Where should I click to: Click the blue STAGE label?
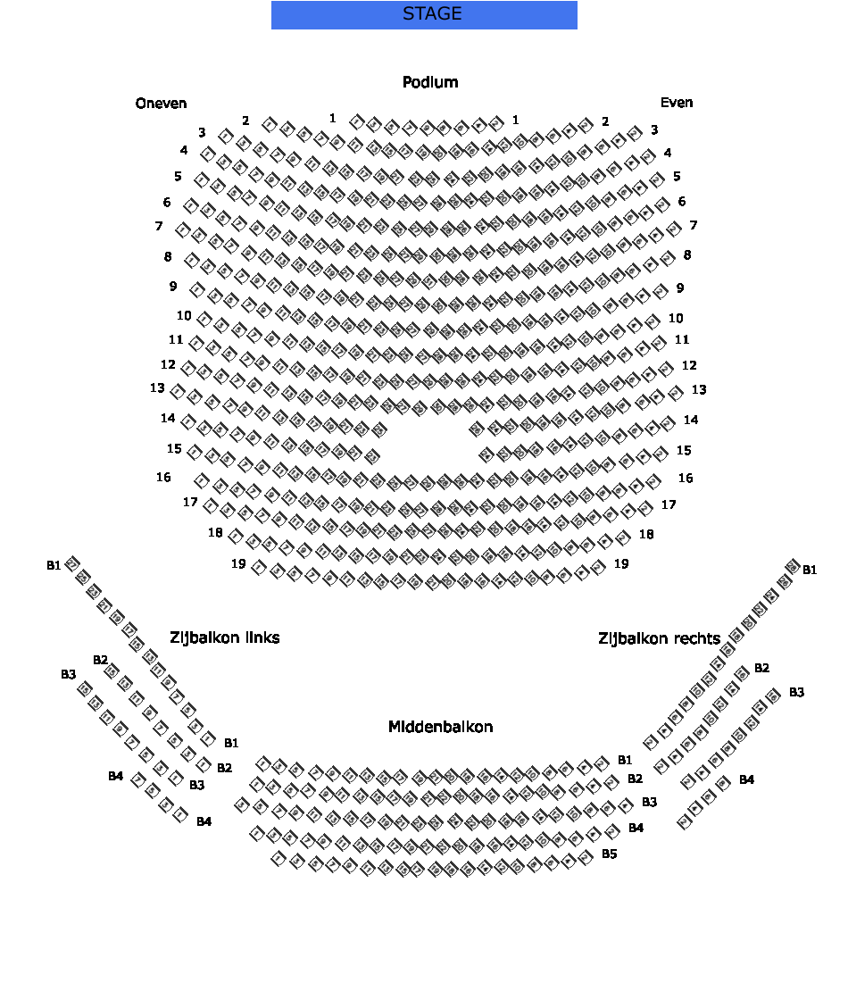[x=424, y=14]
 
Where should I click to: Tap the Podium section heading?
[x=430, y=82]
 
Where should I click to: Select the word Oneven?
[x=162, y=104]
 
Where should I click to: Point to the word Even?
[x=677, y=103]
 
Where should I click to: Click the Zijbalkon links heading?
[x=225, y=637]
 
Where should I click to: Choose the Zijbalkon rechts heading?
[x=659, y=638]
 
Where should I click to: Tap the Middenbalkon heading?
[x=440, y=727]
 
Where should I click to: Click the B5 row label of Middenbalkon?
[x=609, y=854]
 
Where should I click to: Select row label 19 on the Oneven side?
[x=238, y=563]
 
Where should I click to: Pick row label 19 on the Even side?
[x=621, y=563]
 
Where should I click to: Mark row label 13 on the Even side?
[x=699, y=389]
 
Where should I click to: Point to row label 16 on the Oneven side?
[x=163, y=478]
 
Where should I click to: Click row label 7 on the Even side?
[x=693, y=225]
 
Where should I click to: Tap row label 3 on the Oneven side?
[x=203, y=132]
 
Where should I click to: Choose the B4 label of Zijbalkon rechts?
[x=747, y=779]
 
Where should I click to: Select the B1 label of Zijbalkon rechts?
[x=810, y=570]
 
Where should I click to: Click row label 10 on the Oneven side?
[x=184, y=315]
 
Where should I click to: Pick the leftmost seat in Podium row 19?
[x=260, y=567]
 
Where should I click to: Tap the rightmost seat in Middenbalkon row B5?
[x=586, y=856]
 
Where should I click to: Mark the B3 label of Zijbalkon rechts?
[x=796, y=692]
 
